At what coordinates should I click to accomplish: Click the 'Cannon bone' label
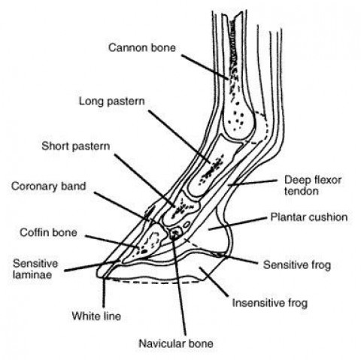[x=142, y=47]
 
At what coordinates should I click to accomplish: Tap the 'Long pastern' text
[x=112, y=101]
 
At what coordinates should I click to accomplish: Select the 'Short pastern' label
[x=76, y=146]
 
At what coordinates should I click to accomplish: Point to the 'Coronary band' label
[x=49, y=186]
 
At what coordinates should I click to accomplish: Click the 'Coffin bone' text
[x=48, y=232]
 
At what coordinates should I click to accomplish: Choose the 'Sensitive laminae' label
[x=35, y=269]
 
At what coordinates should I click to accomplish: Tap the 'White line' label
[x=96, y=316]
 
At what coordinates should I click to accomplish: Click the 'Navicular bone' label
[x=176, y=343]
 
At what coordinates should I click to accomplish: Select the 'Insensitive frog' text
[x=270, y=303]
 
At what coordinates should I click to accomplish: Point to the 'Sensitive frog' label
[x=297, y=265]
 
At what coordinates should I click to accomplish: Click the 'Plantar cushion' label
[x=309, y=217]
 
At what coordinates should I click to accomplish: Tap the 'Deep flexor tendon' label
[x=313, y=186]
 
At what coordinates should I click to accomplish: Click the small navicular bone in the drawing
[x=175, y=233]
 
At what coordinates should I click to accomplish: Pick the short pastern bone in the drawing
[x=181, y=208]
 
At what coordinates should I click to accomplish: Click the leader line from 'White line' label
[x=104, y=293]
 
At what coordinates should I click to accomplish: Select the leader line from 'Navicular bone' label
[x=180, y=284]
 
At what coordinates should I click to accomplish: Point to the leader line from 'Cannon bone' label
[x=205, y=67]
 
